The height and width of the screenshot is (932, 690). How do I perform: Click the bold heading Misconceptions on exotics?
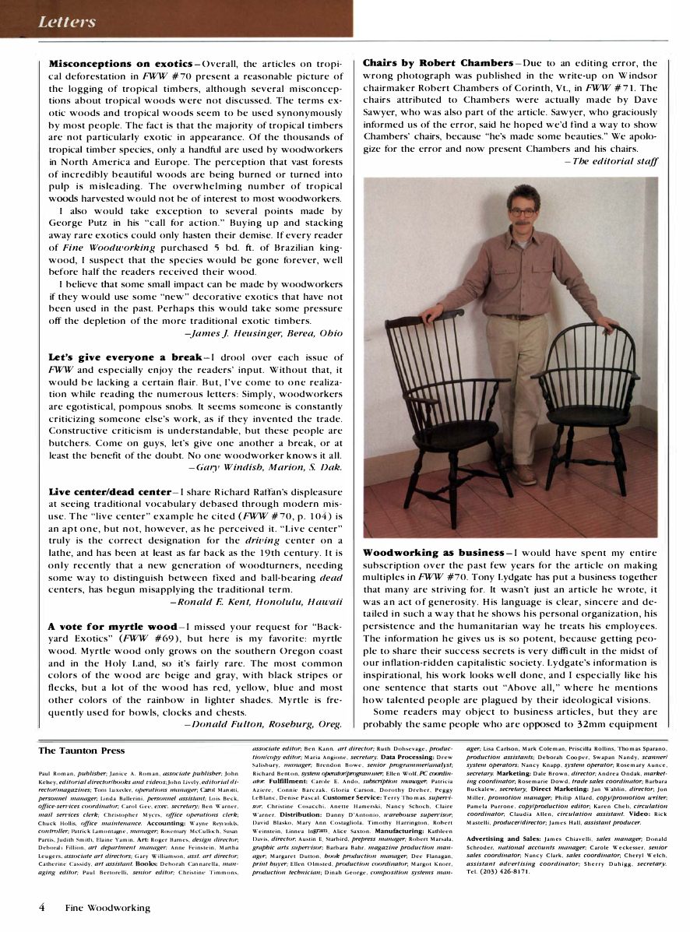pyautogui.click(x=120, y=63)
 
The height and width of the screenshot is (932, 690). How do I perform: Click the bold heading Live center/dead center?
pyautogui.click(x=109, y=492)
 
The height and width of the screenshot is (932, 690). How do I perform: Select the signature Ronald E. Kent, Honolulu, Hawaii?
pyautogui.click(x=256, y=602)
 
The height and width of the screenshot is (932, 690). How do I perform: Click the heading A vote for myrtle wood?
pyautogui.click(x=112, y=626)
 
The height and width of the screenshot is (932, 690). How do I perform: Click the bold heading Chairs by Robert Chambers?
pyautogui.click(x=437, y=63)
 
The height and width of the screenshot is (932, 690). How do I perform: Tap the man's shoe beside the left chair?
pyautogui.click(x=525, y=474)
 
